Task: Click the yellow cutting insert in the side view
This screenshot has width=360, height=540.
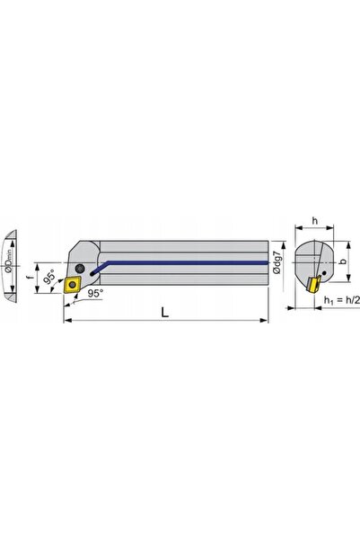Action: tap(73, 285)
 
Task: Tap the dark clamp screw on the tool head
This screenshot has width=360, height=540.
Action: tap(80, 268)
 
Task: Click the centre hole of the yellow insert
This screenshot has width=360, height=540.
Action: tap(73, 285)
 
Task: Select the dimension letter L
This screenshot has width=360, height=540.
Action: tap(165, 312)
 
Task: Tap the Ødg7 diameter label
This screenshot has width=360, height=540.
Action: tap(277, 262)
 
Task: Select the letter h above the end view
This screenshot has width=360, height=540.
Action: tap(315, 220)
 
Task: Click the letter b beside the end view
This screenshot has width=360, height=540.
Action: tap(342, 261)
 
